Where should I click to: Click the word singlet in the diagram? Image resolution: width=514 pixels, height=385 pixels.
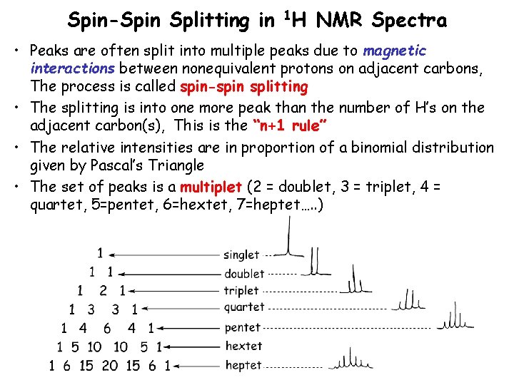pyautogui.click(x=241, y=255)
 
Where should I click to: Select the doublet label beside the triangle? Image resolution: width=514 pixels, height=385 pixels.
pyautogui.click(x=244, y=274)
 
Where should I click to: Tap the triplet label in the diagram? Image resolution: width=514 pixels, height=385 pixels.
pyautogui.click(x=241, y=291)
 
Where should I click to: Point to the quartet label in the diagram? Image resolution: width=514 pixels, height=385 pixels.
pyautogui.click(x=244, y=308)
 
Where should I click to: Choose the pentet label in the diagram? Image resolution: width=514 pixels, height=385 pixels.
pyautogui.click(x=243, y=328)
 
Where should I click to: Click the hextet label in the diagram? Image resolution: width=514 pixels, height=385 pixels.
pyautogui.click(x=243, y=346)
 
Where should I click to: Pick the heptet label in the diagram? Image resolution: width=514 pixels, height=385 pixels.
pyautogui.click(x=243, y=366)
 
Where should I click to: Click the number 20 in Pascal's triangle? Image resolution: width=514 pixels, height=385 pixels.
pyautogui.click(x=110, y=366)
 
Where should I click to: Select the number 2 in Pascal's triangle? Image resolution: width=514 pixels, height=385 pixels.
pyautogui.click(x=103, y=291)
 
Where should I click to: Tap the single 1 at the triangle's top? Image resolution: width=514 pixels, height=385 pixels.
pyautogui.click(x=100, y=253)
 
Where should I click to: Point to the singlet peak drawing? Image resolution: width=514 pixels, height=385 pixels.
pyautogui.click(x=288, y=239)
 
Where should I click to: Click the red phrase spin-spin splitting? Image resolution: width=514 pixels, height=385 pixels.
pyautogui.click(x=244, y=87)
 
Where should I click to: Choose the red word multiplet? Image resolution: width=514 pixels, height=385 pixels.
pyautogui.click(x=211, y=188)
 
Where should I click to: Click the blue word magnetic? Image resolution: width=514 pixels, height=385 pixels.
pyautogui.click(x=394, y=51)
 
